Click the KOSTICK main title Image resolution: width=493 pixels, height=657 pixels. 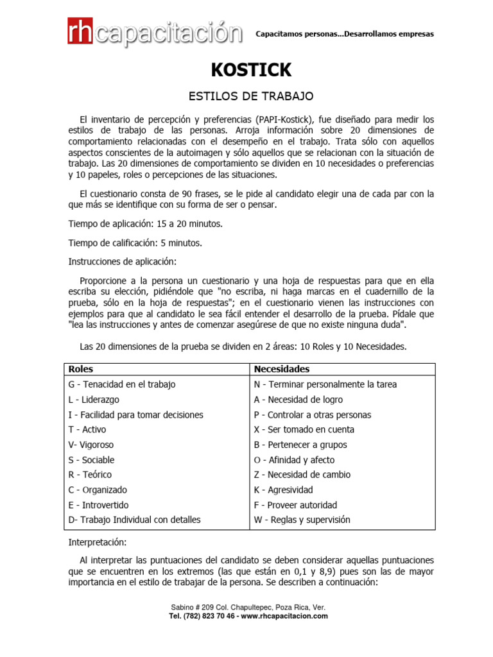tap(250, 69)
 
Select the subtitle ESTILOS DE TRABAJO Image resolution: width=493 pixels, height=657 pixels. tap(250, 96)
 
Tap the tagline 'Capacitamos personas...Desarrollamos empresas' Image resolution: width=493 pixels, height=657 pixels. tap(345, 34)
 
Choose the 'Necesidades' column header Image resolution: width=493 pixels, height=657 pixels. tap(282, 369)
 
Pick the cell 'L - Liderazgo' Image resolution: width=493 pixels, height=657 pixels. tap(94, 400)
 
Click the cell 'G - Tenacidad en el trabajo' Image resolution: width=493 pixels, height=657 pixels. tap(121, 384)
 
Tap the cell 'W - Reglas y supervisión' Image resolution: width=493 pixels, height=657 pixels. tap(302, 520)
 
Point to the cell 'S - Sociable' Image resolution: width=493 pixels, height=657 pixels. tap(91, 460)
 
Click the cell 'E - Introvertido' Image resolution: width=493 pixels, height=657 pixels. tap(98, 505)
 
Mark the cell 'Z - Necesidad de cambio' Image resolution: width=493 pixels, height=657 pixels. tap(302, 475)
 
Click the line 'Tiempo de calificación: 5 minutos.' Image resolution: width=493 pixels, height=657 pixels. tap(135, 243)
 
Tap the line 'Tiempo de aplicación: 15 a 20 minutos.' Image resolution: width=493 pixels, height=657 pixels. tap(146, 224)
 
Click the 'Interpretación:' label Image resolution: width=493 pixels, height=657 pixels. tap(98, 542)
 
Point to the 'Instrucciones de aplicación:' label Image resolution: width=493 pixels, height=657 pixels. tap(122, 262)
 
